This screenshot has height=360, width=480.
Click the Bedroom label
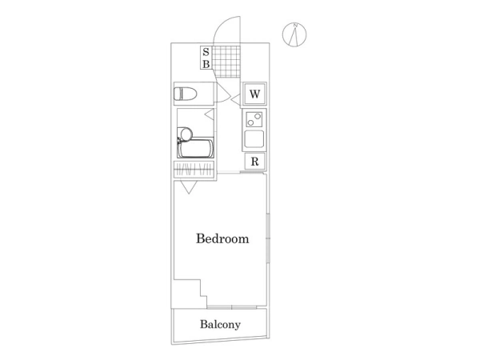coord(222,238)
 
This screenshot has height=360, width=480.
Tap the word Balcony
coord(221,324)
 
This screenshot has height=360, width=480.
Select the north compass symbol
coord(294,35)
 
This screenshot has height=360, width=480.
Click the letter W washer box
coord(254,94)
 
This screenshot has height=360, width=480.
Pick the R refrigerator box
coord(254,162)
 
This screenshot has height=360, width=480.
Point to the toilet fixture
coord(186,94)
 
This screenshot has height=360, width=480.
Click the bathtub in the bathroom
coord(196,148)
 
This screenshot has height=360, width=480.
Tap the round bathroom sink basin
coord(186,134)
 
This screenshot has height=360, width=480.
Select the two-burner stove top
coord(254,119)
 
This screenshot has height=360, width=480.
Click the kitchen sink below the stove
coord(254,139)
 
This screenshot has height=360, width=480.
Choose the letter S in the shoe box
coord(206,52)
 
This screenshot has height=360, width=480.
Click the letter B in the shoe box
coord(206,64)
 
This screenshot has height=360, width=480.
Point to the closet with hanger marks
coord(194,170)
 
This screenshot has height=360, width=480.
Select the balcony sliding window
coord(232,307)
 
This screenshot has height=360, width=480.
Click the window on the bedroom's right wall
coord(268,238)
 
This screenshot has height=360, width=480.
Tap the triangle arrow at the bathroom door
coord(210,114)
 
